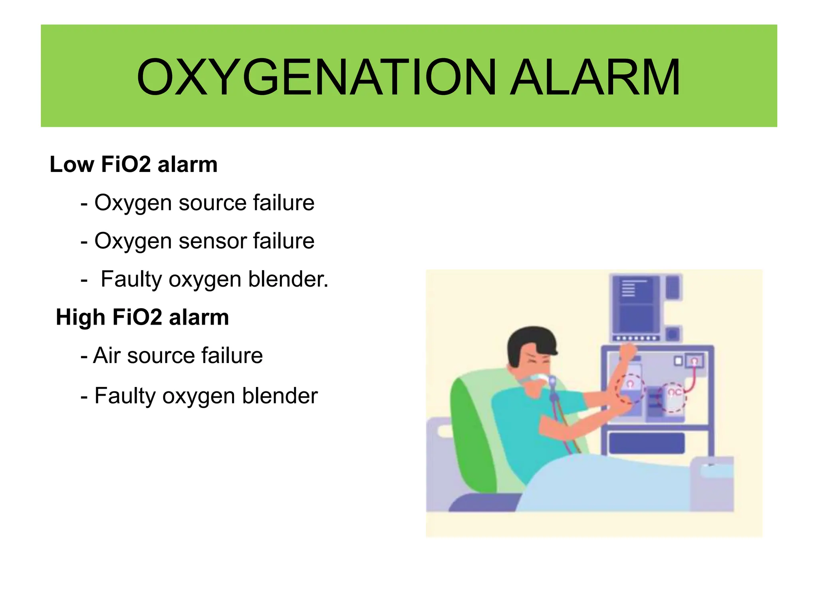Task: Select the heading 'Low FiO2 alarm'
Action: point(133,164)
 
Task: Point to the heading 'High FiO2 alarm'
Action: point(142,317)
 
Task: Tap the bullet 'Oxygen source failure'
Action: point(198,203)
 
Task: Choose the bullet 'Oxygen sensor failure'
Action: point(198,241)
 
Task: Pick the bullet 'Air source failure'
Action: point(172,355)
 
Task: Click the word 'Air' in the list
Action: point(106,355)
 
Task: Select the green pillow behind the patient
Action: point(471,432)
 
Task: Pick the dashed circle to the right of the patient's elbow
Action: point(673,397)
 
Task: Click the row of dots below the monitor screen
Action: point(637,338)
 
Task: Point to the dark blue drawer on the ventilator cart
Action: point(647,443)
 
